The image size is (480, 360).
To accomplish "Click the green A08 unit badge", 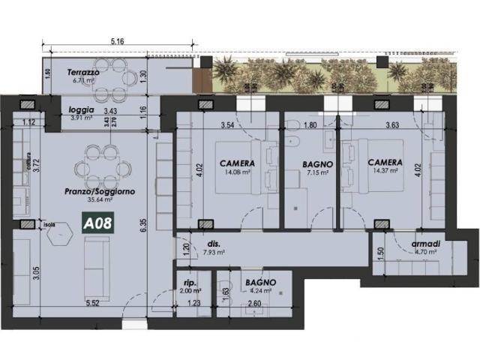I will coord(97,223).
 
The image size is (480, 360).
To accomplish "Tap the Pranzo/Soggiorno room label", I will coord(100,192).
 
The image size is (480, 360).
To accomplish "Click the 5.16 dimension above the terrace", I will coord(116,41).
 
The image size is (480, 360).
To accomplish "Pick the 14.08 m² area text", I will coord(237,172).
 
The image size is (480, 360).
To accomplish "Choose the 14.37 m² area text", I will coord(384,172).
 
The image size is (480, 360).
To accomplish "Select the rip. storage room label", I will coord(189,283).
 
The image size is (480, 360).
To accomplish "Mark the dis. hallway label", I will coord(213,244).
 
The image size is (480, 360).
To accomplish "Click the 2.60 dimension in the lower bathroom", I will coord(255,303).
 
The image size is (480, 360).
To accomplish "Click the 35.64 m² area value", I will coord(100,200).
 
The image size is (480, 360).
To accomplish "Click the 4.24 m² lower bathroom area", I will coord(259,292).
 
